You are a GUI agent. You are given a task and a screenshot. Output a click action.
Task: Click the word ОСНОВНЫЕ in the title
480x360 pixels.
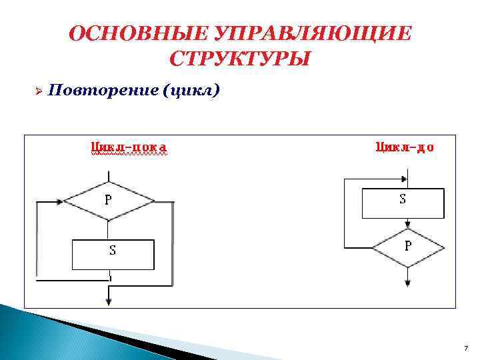pyautogui.click(x=137, y=34)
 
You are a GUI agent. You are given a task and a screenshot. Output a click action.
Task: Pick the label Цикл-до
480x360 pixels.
pyautogui.click(x=405, y=146)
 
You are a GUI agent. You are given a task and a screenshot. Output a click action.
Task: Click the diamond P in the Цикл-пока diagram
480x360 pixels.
pyautogui.click(x=109, y=200)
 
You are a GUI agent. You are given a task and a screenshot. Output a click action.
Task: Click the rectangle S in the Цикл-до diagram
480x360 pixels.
pyautogui.click(x=403, y=203)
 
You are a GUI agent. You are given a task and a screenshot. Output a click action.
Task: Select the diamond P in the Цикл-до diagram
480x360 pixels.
pyautogui.click(x=408, y=248)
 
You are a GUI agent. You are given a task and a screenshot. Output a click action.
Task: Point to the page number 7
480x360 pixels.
pyautogui.click(x=465, y=349)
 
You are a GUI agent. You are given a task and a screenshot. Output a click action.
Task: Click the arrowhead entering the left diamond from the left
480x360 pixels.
pyautogui.click(x=61, y=200)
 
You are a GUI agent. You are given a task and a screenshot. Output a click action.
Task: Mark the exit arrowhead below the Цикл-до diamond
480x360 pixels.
pyautogui.click(x=408, y=283)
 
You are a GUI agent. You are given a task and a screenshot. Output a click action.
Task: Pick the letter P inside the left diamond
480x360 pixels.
pyautogui.click(x=107, y=199)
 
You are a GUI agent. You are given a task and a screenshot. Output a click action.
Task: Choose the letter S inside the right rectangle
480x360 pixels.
pyautogui.click(x=403, y=199)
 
